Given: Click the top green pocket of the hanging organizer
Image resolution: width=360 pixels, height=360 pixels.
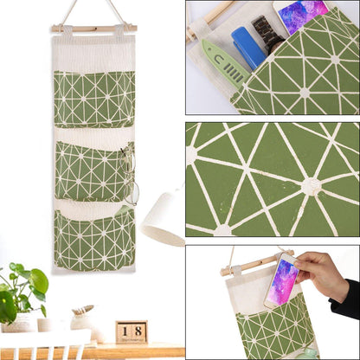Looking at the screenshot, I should pos(93,99).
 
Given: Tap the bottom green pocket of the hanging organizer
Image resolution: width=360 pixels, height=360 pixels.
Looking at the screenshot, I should pos(93,240).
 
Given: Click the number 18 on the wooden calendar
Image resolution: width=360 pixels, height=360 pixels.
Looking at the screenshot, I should pos(132,331).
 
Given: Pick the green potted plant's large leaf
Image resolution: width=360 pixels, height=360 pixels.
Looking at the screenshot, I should pos(37,281).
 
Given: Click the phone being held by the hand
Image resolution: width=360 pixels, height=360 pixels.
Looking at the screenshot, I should pos(282,282).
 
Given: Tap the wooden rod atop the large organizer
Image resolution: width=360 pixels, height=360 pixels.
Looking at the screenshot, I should pos(93,28).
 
